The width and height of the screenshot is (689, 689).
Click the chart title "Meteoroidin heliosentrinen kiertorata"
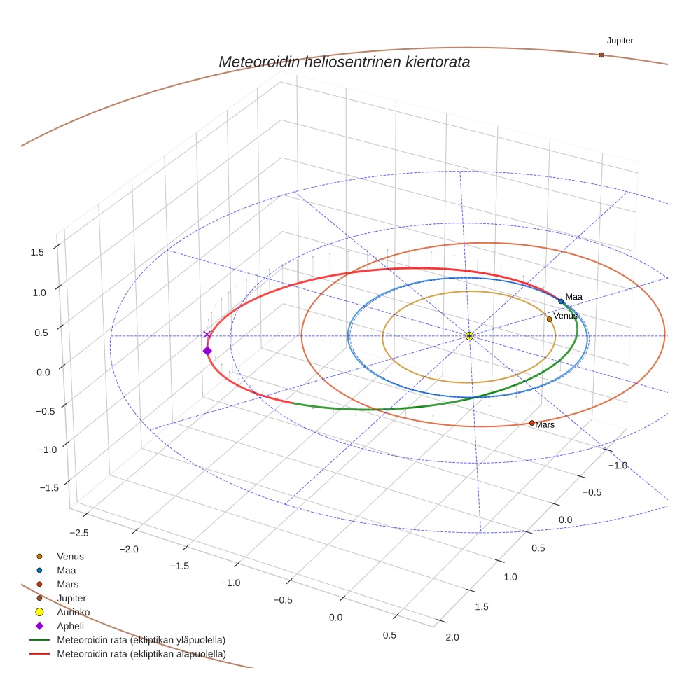(x=344, y=62)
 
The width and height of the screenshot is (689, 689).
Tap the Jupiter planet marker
(x=601, y=55)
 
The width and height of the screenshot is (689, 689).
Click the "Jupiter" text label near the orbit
(x=620, y=41)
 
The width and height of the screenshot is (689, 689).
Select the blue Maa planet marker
(x=561, y=301)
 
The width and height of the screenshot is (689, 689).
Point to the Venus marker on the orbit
(x=549, y=319)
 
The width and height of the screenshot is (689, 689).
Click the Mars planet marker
(x=531, y=423)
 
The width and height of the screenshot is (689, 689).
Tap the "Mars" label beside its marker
(x=545, y=425)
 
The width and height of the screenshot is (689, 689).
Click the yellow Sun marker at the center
(x=469, y=336)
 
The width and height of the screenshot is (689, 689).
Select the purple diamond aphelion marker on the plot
(x=207, y=351)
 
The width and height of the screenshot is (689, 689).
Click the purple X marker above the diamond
(x=207, y=335)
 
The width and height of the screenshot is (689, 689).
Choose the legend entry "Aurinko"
(x=73, y=612)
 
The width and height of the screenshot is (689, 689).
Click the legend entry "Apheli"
(x=70, y=626)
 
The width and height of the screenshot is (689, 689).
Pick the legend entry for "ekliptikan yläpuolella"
(x=141, y=640)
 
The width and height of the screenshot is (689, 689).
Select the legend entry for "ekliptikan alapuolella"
(x=141, y=654)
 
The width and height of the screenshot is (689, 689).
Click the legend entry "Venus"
(x=70, y=556)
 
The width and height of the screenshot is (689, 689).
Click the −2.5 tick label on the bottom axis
(x=79, y=533)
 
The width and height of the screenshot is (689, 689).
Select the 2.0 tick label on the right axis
(x=452, y=636)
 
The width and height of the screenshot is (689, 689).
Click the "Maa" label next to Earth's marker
(x=573, y=297)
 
